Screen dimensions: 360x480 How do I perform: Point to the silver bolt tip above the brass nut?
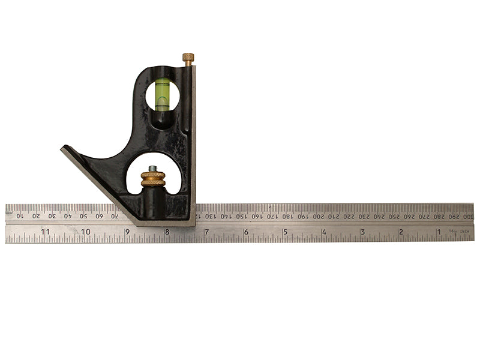pos(154,169)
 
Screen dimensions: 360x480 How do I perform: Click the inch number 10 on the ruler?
pos(85,231)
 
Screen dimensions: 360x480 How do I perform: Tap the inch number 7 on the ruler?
pos(206,231)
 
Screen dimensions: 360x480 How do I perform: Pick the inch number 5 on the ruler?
pos(285,231)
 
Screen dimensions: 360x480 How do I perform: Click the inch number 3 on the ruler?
pos(362,231)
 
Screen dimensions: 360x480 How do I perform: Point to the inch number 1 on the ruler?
pos(439,231)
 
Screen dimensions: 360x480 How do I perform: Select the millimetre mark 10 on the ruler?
pos(20,215)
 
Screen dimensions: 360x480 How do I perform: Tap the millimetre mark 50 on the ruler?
pos(84,215)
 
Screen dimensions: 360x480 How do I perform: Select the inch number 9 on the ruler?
pos(127,231)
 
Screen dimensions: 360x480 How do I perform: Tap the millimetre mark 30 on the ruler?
pos(52,215)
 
